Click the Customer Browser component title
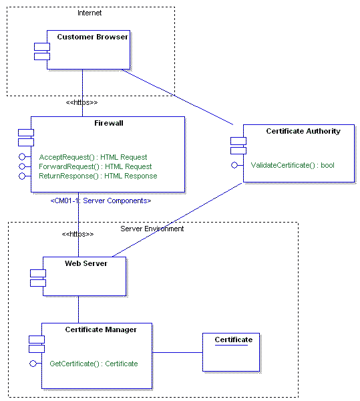[92, 37]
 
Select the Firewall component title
[108, 123]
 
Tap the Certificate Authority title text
[303, 131]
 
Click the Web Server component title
[85, 263]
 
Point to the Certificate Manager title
[100, 329]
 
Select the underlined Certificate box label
[233, 340]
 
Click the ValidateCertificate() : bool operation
[292, 164]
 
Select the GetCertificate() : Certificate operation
[94, 364]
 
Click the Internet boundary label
[90, 12]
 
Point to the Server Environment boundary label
[152, 229]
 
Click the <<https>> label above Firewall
[81, 103]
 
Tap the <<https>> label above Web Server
[77, 234]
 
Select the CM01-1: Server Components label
[101, 200]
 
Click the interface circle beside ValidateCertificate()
[234, 164]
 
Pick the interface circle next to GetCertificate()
[33, 364]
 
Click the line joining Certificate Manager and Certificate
[178, 352]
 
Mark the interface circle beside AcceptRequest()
[22, 157]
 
